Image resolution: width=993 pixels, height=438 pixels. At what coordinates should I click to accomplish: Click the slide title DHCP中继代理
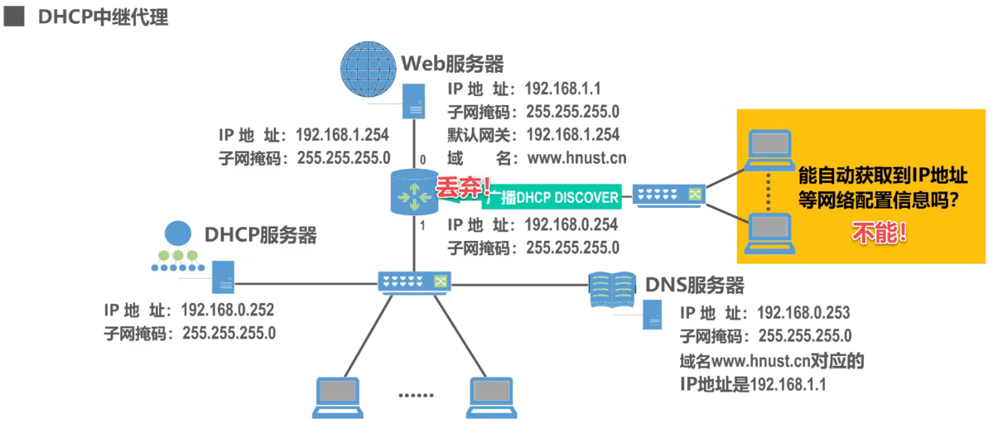(x=103, y=17)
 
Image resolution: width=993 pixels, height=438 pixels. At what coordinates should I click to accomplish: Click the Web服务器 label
(x=452, y=64)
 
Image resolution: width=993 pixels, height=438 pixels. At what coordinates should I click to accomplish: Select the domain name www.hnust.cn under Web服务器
(x=576, y=156)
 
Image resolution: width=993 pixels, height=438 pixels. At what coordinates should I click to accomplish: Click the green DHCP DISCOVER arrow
(x=551, y=197)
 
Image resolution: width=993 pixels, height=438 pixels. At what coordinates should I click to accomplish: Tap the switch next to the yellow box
(x=668, y=195)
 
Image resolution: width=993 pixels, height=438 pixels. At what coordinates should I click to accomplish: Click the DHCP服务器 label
(x=261, y=235)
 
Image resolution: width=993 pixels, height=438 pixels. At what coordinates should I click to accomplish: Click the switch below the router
(x=413, y=282)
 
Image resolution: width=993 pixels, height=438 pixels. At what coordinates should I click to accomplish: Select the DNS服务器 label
(x=694, y=286)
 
